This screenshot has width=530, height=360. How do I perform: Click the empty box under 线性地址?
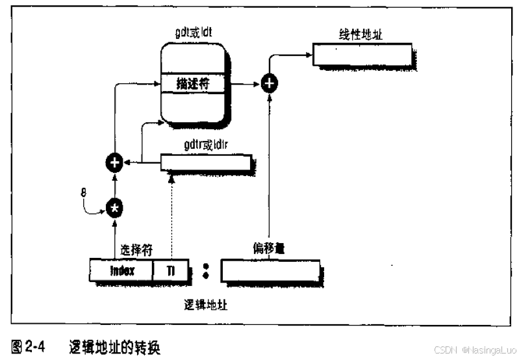click(362, 55)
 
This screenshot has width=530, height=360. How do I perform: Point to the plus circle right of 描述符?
click(270, 84)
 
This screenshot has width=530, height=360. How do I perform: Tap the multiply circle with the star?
click(116, 207)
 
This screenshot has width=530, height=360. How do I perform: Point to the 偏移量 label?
click(270, 249)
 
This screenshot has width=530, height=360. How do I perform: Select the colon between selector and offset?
click(205, 270)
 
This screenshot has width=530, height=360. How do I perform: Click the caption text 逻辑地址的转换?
click(114, 348)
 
